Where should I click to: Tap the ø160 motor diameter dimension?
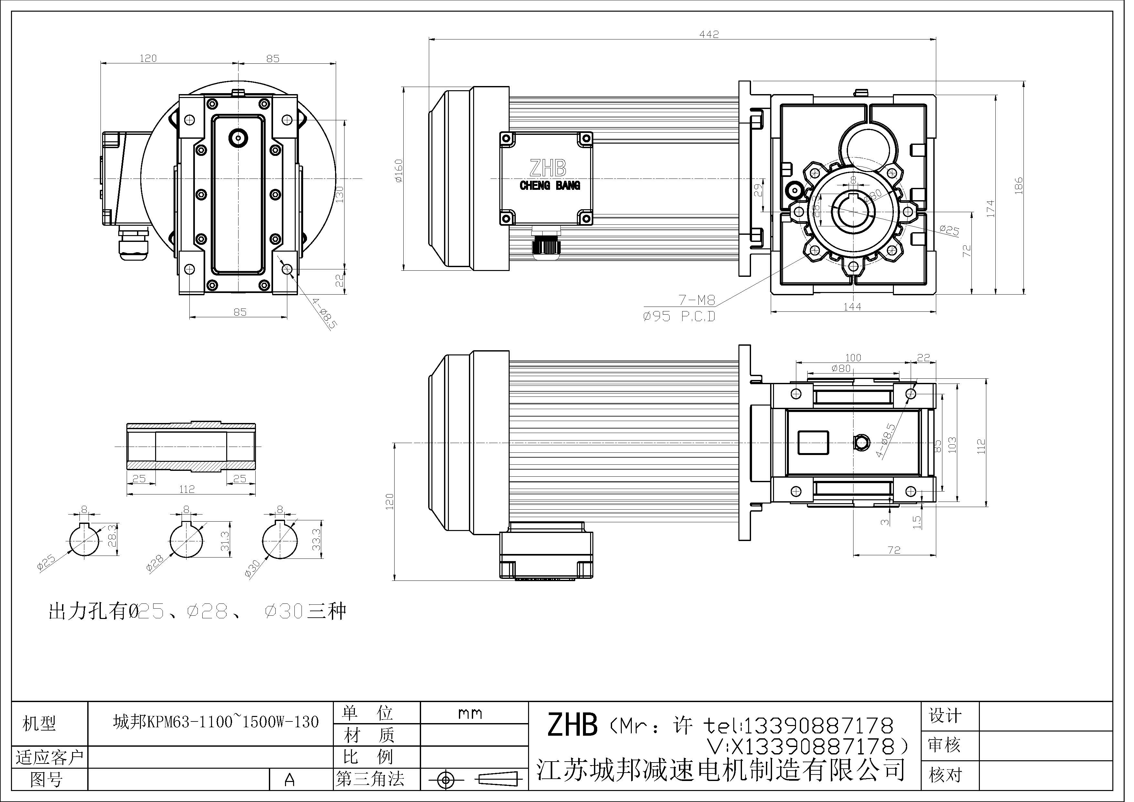point(399,170)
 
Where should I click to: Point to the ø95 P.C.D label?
point(679,317)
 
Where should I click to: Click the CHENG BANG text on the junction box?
point(550,186)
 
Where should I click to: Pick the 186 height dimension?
point(1018,186)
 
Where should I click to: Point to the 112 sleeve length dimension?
point(187,489)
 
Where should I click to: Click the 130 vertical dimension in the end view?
point(339,194)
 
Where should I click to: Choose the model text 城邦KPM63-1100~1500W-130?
point(216,722)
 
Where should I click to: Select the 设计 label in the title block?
point(945,716)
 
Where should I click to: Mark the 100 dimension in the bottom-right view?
point(853,358)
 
